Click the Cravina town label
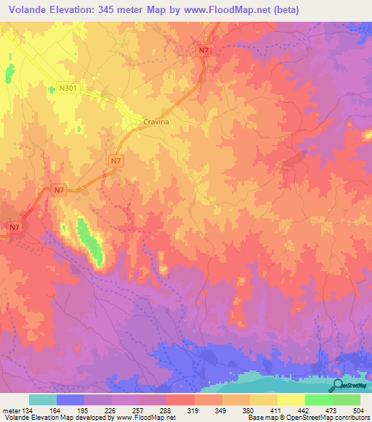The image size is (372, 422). coord(156,123)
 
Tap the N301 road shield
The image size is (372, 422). coord(68,88)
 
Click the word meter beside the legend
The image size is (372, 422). coord(11,410)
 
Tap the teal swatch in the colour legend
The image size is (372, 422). coord(43,400)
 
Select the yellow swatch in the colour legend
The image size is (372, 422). coord(291,400)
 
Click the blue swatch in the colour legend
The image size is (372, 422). coord(70,400)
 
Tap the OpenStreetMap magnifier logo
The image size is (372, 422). coord(339,385)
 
